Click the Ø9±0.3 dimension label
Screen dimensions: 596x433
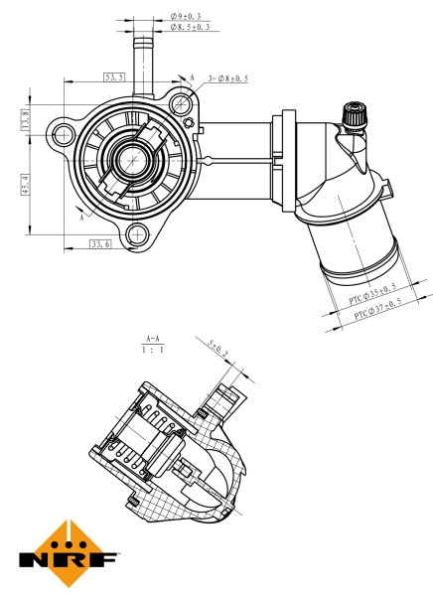186,17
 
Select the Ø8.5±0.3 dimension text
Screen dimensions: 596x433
189,30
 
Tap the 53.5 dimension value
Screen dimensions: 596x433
114,76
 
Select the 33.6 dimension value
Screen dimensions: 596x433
100,242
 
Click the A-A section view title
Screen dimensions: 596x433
153,338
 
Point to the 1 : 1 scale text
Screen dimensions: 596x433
153,351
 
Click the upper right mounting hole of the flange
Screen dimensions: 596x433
183,100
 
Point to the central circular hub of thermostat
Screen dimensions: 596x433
129,159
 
